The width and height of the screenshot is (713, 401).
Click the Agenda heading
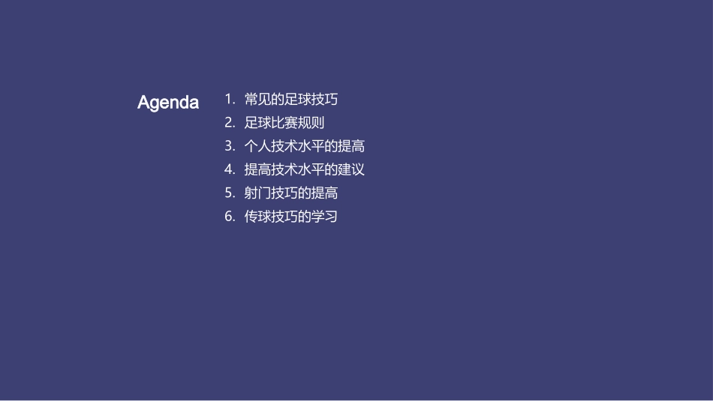click(168, 103)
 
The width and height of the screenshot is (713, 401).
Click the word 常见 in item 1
click(257, 99)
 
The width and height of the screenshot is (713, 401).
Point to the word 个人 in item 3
click(257, 146)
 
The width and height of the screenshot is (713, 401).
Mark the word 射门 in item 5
click(257, 193)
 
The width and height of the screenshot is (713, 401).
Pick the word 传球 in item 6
click(257, 217)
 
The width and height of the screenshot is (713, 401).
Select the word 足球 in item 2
click(257, 123)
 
